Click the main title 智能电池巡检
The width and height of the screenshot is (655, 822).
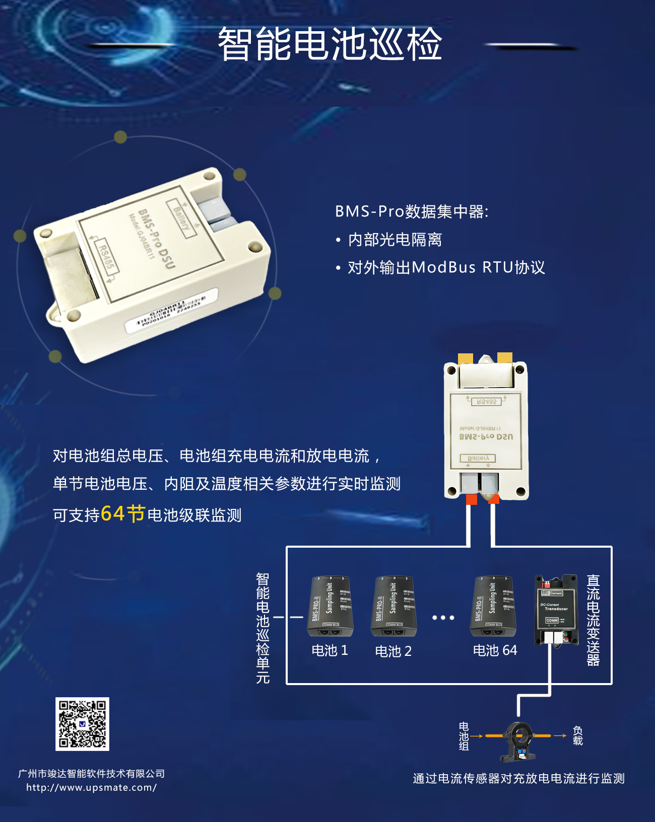[x=330, y=44]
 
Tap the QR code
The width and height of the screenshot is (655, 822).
[x=82, y=724]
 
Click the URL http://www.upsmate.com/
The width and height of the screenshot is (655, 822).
[x=91, y=788]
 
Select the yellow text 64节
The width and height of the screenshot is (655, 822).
[x=123, y=514]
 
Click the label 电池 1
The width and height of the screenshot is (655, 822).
[x=330, y=650]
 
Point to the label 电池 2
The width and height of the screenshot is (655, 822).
[x=393, y=651]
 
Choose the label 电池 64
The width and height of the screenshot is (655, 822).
[x=495, y=650]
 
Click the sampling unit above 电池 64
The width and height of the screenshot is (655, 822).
[x=494, y=606]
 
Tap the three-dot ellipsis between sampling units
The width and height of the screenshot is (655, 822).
[x=443, y=617]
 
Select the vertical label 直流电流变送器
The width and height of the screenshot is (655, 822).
[x=593, y=620]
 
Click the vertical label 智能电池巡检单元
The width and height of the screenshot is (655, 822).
[x=263, y=628]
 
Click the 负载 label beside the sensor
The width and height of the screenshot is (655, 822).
[x=577, y=736]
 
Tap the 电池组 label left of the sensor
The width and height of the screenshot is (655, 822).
[x=464, y=736]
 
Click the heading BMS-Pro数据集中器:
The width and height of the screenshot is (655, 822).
[x=412, y=211]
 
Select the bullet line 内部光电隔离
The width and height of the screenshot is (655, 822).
[x=395, y=240]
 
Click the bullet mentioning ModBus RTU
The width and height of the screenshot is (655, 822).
[x=446, y=267]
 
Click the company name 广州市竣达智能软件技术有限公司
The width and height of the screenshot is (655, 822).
[x=91, y=774]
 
